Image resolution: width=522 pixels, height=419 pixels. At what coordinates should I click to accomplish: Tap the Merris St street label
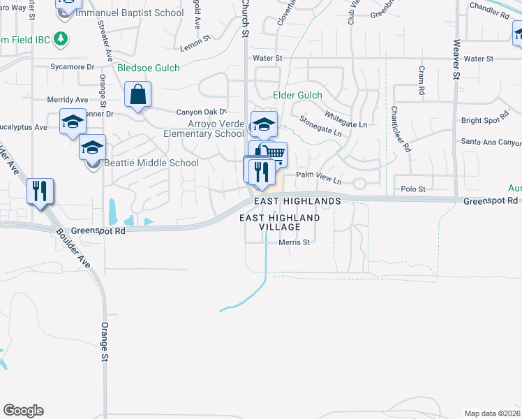coord(294,242)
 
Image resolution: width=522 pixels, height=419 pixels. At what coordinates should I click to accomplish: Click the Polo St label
coord(413,189)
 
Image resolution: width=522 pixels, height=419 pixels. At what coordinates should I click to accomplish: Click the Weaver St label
coord(456,59)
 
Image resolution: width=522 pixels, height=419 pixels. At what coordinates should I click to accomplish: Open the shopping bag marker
coord(138,94)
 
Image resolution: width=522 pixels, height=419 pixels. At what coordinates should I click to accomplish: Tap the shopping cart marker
coord(274,153)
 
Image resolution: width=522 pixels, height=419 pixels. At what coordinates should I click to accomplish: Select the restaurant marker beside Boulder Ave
coord(40,190)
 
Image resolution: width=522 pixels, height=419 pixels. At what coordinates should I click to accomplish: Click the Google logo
coord(23,411)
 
